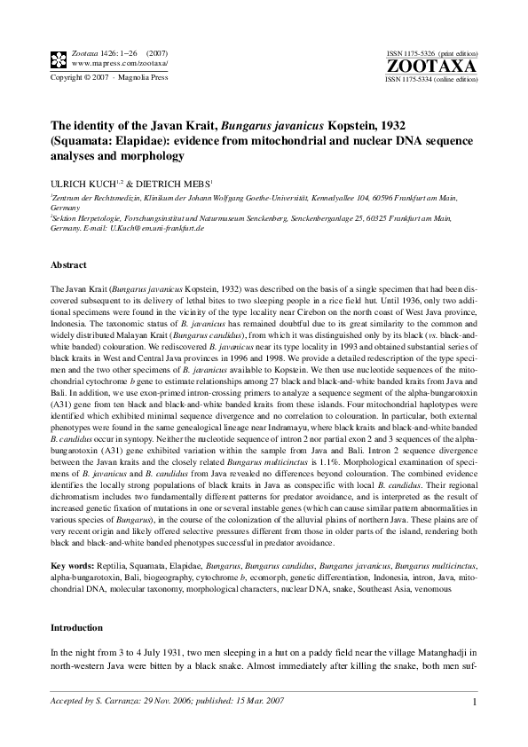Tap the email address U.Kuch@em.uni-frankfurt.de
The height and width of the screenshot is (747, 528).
click(157, 228)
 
